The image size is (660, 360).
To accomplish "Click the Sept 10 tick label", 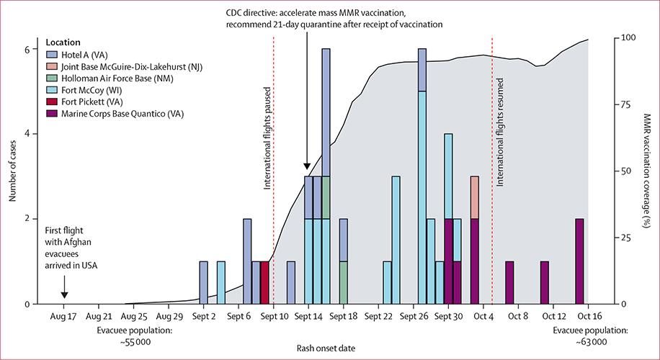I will [274, 315].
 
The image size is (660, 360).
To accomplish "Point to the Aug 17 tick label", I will [63, 315].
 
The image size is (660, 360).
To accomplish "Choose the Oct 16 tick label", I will [589, 315].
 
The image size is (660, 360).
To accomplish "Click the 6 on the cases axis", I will [27, 50].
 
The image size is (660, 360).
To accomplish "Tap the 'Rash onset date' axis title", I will [326, 348].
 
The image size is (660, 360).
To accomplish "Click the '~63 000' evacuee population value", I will [590, 341].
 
